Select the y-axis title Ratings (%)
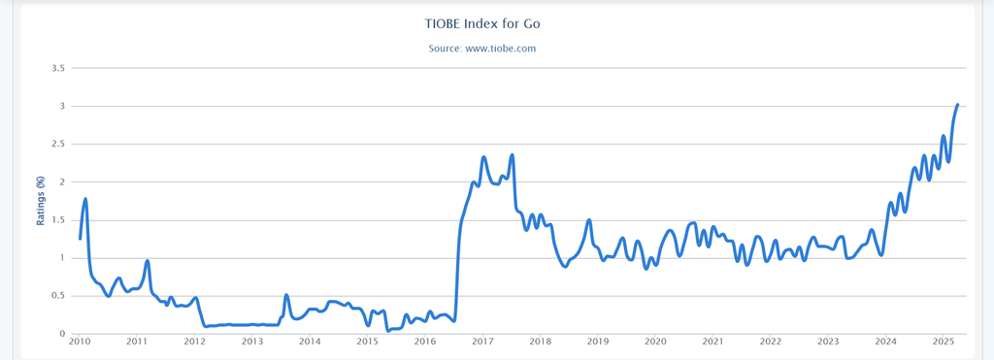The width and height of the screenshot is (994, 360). [x=41, y=201]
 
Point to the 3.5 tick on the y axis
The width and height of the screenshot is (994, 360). [x=57, y=68]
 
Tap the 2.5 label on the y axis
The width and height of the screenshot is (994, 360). [x=57, y=144]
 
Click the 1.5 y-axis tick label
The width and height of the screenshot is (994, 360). [x=57, y=219]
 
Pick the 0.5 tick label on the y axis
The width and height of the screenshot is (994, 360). [x=57, y=296]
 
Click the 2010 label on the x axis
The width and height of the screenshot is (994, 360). [x=80, y=342]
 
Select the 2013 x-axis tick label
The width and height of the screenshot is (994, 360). [x=252, y=342]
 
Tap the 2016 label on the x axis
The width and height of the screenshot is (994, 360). [x=425, y=342]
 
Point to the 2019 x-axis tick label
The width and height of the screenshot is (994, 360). [x=598, y=342]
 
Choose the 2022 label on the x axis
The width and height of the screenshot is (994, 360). [x=771, y=342]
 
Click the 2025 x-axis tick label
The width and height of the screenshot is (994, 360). [x=944, y=342]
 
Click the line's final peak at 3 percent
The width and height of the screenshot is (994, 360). [x=957, y=105]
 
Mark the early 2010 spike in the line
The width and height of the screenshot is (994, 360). [x=86, y=199]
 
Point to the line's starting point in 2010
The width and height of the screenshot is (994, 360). [x=80, y=238]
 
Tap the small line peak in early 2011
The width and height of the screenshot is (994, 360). [x=147, y=261]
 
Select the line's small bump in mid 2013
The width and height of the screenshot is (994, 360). [x=286, y=295]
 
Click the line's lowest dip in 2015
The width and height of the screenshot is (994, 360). [x=388, y=330]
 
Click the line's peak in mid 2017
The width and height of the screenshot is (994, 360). [x=512, y=155]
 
